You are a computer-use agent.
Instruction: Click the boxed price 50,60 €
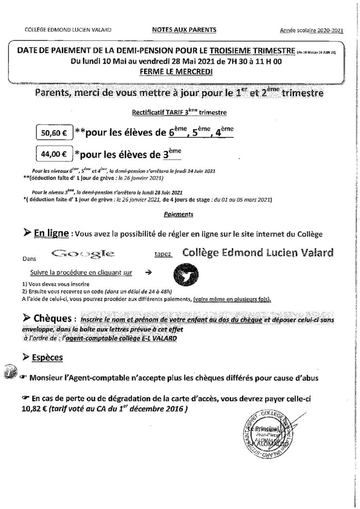coord(54,133)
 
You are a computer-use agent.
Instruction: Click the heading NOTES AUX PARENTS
coord(183,30)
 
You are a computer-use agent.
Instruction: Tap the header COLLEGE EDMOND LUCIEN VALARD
coord(68,30)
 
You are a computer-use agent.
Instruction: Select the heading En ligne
coord(49,233)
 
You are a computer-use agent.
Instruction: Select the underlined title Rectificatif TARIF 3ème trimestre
coord(179,112)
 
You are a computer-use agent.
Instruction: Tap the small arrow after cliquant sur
coord(147,272)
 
